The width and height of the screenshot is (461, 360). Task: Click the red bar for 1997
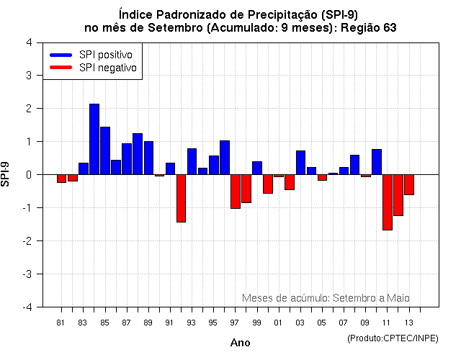tap(236, 192)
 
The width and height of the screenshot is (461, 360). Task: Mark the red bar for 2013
tap(409, 184)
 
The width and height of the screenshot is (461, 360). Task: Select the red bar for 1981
tap(62, 179)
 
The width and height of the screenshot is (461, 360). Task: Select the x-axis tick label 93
tap(191, 322)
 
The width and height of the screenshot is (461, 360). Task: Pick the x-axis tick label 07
tap(344, 322)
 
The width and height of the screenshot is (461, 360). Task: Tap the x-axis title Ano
tap(240, 343)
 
